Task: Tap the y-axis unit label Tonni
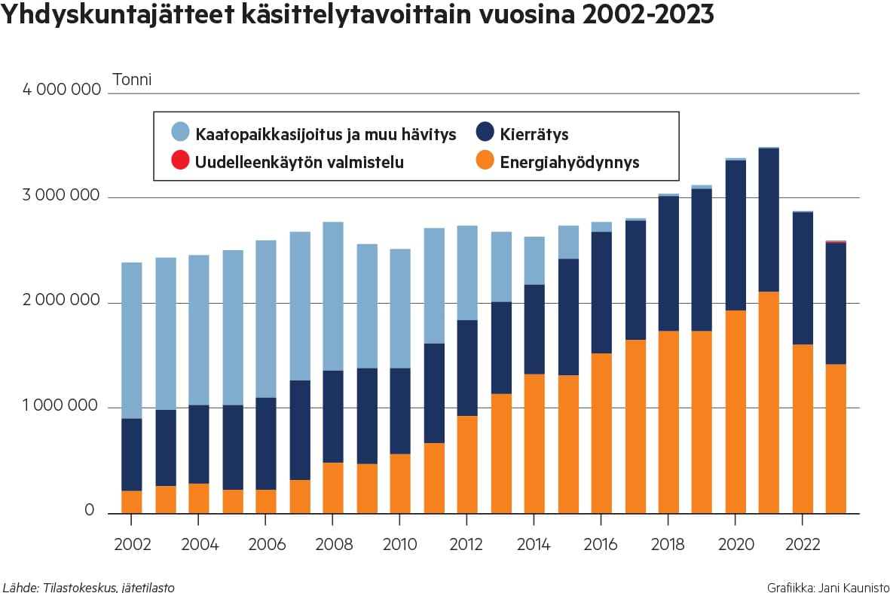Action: (x=132, y=79)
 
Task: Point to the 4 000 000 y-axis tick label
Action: (x=62, y=90)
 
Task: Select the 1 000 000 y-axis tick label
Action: (x=62, y=406)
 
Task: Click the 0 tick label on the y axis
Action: (x=89, y=511)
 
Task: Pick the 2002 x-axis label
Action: (x=131, y=544)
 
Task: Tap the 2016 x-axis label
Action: (x=601, y=544)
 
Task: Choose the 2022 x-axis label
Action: (x=802, y=544)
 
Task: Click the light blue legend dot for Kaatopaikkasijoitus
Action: (x=180, y=133)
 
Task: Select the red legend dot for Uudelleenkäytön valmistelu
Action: (x=180, y=160)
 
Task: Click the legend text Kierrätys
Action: (x=534, y=135)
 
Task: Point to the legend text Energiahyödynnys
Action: (x=569, y=162)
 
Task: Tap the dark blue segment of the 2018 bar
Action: (x=668, y=263)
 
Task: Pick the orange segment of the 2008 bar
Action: (x=332, y=488)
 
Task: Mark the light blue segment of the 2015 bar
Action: (x=567, y=242)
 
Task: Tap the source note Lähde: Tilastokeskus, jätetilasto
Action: (x=89, y=586)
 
